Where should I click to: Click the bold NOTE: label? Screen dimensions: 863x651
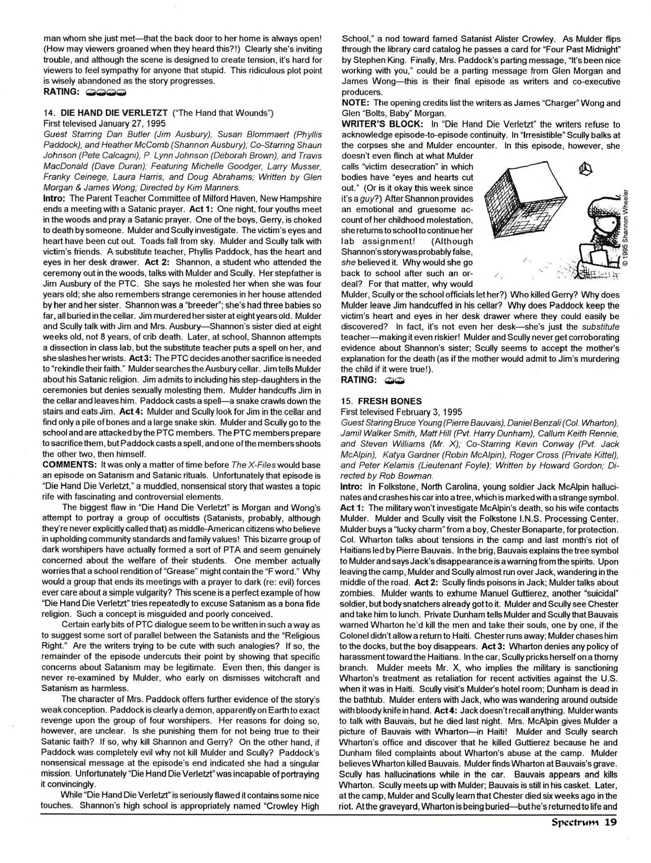pos(355,103)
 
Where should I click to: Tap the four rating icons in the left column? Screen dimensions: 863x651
pos(106,93)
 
